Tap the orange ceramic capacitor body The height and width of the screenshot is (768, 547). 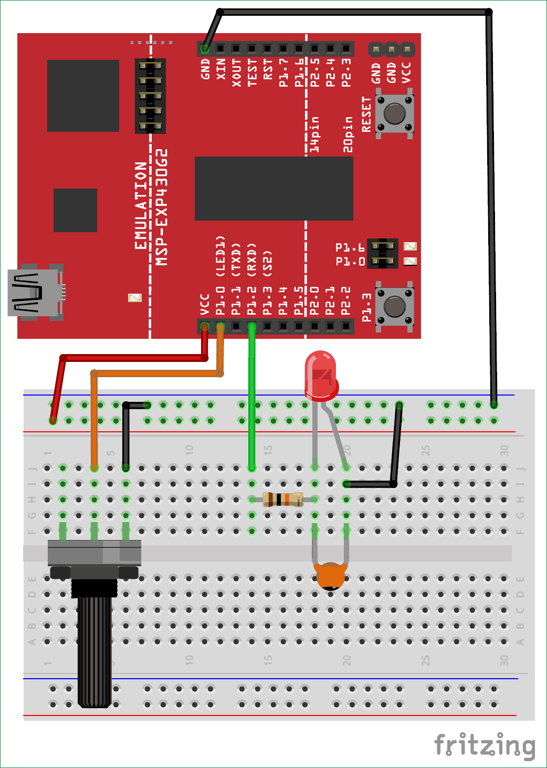[330, 575]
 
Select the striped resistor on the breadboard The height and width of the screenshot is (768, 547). [283, 499]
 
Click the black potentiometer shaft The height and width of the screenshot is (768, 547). [94, 646]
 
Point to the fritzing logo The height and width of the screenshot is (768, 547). [485, 745]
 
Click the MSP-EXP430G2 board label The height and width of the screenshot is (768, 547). [162, 207]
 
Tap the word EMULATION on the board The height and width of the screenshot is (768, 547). [141, 205]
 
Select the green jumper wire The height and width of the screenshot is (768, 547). [252, 399]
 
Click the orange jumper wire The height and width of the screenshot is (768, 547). [157, 373]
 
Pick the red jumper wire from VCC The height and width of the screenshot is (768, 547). [131, 358]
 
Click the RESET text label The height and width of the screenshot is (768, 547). [366, 114]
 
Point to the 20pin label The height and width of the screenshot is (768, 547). [348, 134]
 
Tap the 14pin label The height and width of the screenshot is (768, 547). [314, 134]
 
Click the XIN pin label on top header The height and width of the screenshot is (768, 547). [221, 70]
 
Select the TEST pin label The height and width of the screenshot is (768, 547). [253, 72]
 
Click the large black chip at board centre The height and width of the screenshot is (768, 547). [273, 188]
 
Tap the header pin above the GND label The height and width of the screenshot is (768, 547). [205, 49]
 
